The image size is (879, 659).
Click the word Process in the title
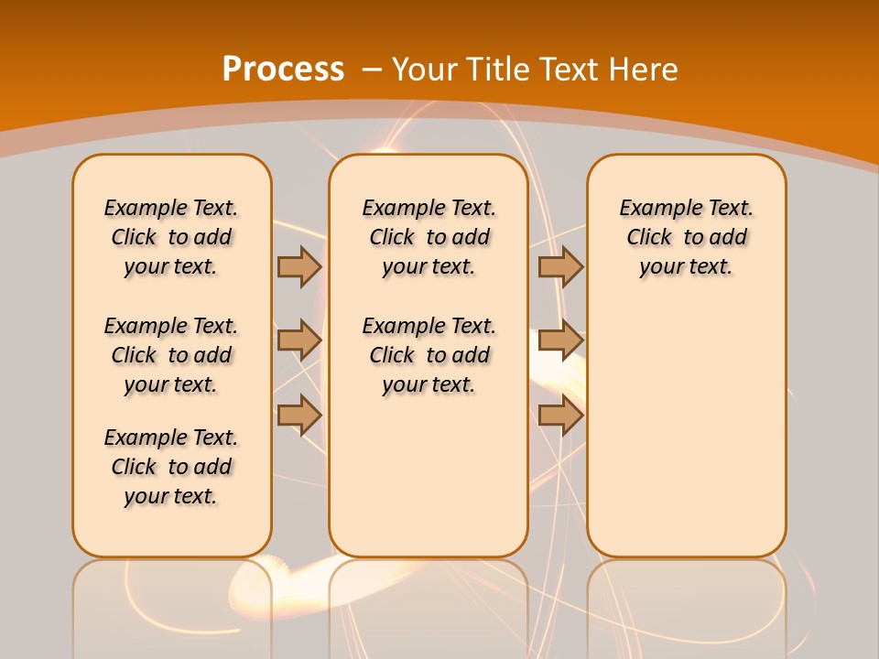283,70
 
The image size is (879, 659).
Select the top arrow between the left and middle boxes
298,266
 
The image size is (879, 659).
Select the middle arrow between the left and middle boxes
298,340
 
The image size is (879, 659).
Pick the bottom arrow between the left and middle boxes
298,416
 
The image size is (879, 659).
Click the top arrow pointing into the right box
560,266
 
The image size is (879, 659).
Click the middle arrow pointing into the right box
560,340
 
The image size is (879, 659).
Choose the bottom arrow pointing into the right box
560,416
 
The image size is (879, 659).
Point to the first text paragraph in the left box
171,237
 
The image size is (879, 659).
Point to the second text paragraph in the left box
171,355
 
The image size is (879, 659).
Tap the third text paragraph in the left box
171,467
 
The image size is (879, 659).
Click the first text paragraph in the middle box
429,237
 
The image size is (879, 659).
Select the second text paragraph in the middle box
429,355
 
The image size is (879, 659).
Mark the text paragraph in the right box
687,237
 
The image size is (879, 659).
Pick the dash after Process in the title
372,70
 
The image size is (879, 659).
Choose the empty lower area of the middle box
429,476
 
